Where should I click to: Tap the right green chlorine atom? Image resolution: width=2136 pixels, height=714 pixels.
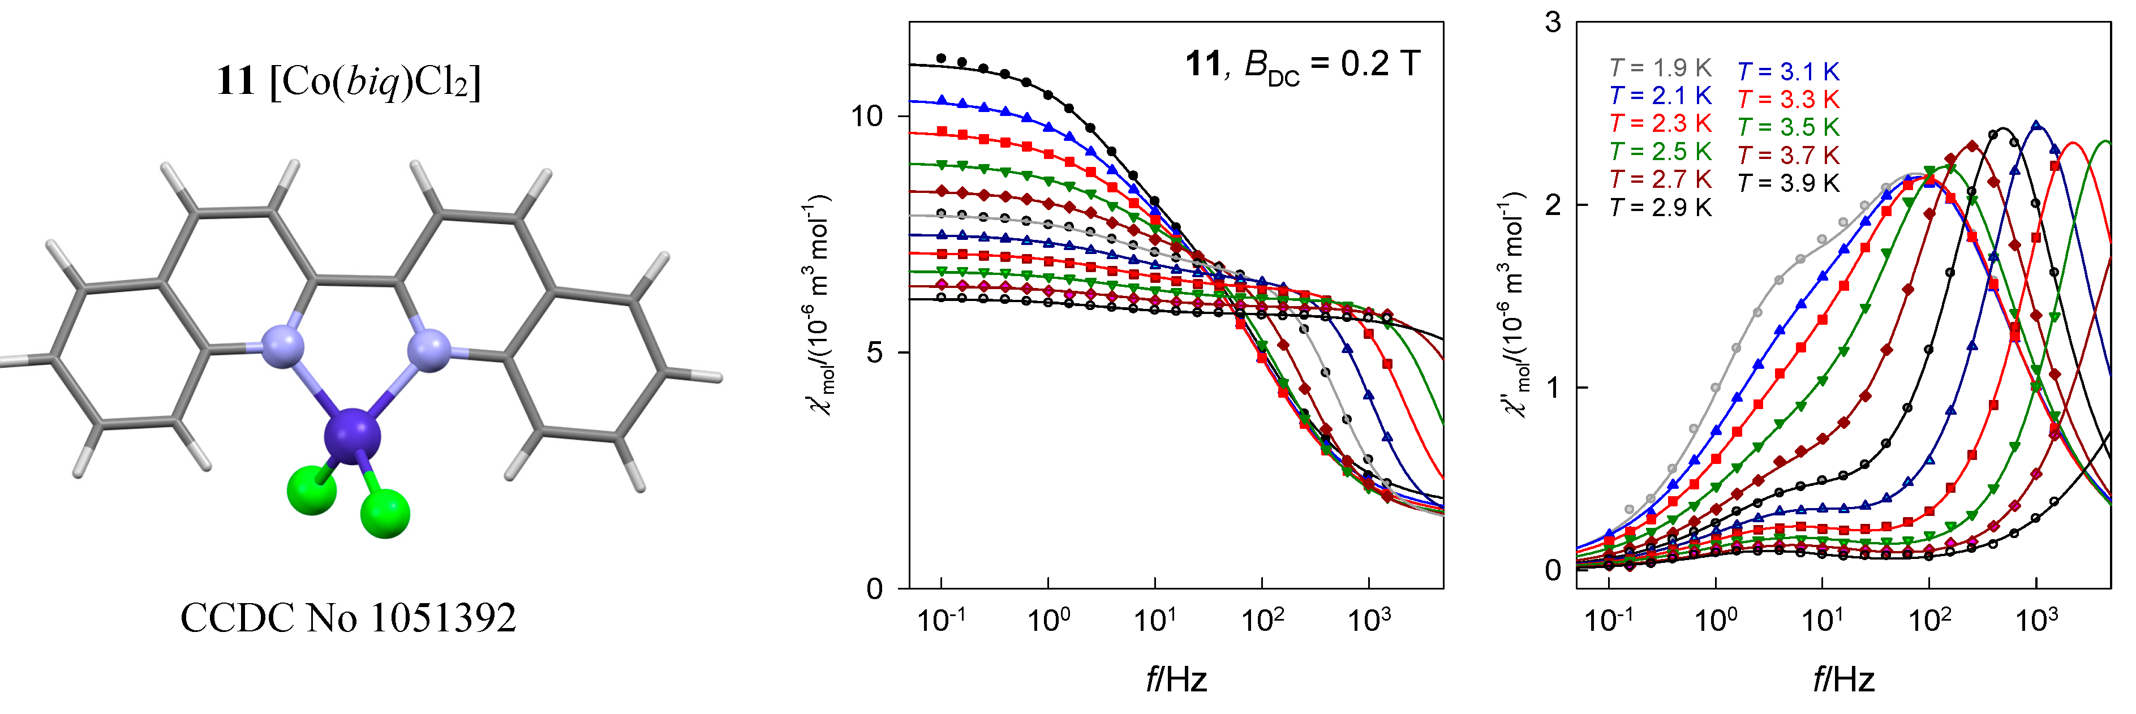click(x=385, y=513)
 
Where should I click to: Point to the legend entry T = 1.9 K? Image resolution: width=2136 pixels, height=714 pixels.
click(x=1660, y=68)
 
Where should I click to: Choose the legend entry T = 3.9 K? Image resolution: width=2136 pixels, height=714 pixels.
click(x=1788, y=183)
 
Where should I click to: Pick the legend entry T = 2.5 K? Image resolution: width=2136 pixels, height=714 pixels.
click(x=1660, y=152)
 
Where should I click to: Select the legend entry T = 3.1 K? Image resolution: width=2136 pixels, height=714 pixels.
click(x=1788, y=72)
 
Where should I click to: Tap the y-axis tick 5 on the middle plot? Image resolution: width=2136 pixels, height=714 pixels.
click(x=876, y=352)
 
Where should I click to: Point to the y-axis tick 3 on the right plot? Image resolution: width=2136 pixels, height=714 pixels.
click(x=1552, y=23)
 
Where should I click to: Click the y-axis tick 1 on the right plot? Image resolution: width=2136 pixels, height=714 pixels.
click(x=1552, y=387)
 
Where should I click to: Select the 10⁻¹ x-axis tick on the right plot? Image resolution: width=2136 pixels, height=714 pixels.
click(x=1608, y=620)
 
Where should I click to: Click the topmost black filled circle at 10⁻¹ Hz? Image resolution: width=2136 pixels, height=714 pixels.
click(x=941, y=58)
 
